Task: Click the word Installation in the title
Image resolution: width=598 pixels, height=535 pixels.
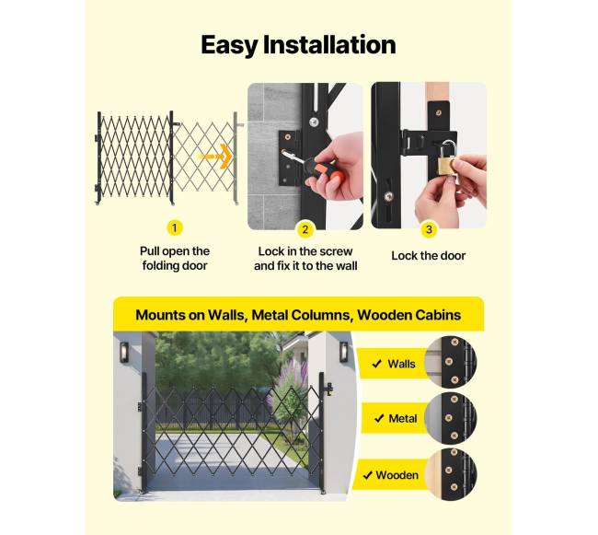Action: tap(329, 44)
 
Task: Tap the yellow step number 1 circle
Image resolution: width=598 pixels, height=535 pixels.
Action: tap(175, 227)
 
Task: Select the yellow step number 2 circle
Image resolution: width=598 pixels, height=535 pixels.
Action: tap(305, 229)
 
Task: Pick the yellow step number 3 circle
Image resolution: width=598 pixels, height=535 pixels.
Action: tap(429, 229)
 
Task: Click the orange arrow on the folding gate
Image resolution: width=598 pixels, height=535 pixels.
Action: tap(214, 156)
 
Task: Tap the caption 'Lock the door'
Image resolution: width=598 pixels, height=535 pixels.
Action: tap(429, 256)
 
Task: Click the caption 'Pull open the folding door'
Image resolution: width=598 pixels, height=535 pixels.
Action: tap(175, 259)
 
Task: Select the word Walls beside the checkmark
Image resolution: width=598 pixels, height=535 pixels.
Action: tap(401, 364)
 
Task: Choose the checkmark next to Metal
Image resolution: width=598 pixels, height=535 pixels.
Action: tap(379, 419)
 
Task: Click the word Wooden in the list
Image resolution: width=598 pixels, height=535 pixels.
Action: tap(397, 475)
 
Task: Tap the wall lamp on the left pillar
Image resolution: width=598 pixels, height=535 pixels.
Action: tap(124, 353)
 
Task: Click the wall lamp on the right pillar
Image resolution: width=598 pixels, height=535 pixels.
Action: tap(344, 352)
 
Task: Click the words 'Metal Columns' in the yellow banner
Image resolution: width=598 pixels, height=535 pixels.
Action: tap(301, 315)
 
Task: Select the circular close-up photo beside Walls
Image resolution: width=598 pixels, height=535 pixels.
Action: tap(451, 362)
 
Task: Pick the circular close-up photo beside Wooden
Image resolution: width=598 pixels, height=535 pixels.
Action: tap(451, 474)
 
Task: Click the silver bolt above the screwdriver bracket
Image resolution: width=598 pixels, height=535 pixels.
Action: tap(314, 122)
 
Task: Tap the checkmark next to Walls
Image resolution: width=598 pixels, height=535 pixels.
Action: tap(377, 364)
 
